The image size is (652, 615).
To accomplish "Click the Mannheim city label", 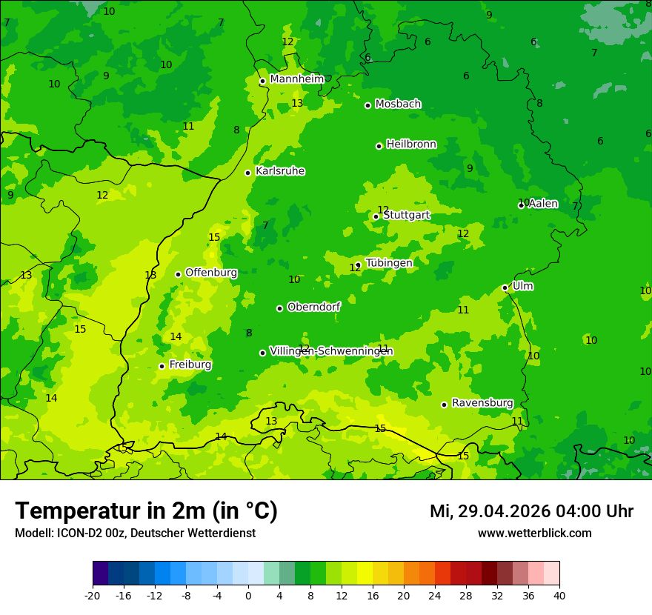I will pyautogui.click(x=296, y=79).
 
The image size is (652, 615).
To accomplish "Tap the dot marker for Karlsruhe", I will pyautogui.click(x=248, y=173).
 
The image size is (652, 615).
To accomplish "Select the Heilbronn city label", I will pyautogui.click(x=411, y=144).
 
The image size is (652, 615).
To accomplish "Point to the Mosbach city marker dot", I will pyautogui.click(x=367, y=105).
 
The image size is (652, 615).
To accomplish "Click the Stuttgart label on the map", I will pyautogui.click(x=407, y=215).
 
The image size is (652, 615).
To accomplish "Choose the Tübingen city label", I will pyautogui.click(x=389, y=263).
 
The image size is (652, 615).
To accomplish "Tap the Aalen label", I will pyautogui.click(x=543, y=204).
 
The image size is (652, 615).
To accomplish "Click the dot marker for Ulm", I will pyautogui.click(x=505, y=287).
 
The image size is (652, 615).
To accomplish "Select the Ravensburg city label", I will pyautogui.click(x=482, y=403).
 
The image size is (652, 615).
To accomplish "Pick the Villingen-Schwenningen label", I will pyautogui.click(x=331, y=351).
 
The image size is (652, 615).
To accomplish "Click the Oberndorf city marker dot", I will pyautogui.click(x=279, y=308).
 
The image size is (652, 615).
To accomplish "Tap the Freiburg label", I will pyautogui.click(x=190, y=365).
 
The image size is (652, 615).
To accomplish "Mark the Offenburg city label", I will pyautogui.click(x=211, y=273).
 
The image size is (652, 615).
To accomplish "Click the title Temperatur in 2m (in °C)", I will pyautogui.click(x=146, y=511).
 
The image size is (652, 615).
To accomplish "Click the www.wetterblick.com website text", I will pyautogui.click(x=534, y=533).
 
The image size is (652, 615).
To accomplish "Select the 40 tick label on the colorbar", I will pyautogui.click(x=559, y=595).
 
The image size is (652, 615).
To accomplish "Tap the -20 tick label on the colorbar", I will pyautogui.click(x=93, y=595).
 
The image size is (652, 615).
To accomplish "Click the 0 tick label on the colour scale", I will pyautogui.click(x=248, y=595).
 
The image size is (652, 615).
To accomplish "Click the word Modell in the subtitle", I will pyautogui.click(x=33, y=533).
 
